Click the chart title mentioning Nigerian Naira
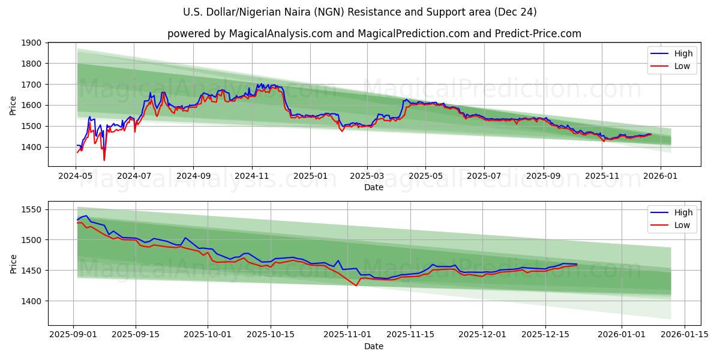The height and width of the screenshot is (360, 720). click(x=360, y=12)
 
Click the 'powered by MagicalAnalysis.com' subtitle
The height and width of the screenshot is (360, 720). click(x=374, y=34)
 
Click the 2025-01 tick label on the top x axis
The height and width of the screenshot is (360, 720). click(x=310, y=176)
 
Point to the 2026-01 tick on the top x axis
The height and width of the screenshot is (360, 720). click(x=660, y=176)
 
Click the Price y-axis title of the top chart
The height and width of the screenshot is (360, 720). click(x=13, y=106)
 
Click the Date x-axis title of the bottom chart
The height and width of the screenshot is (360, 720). click(x=374, y=346)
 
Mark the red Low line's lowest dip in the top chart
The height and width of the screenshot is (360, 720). click(x=104, y=160)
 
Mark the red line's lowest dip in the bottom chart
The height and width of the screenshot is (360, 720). click(x=356, y=286)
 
